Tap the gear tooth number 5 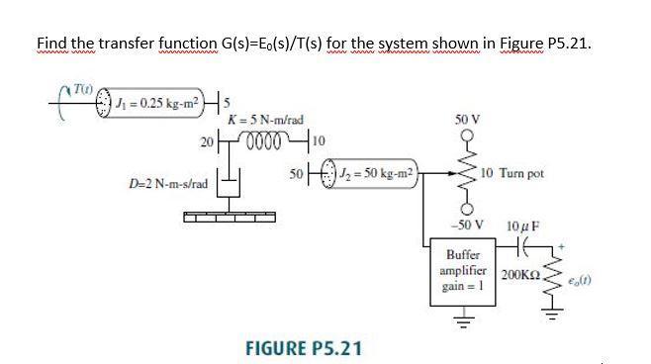coord(227,102)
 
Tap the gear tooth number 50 coord(296,174)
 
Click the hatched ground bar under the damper coord(231,214)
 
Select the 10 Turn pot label coord(513,174)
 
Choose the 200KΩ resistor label coord(520,273)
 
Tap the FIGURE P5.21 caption coord(303,347)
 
